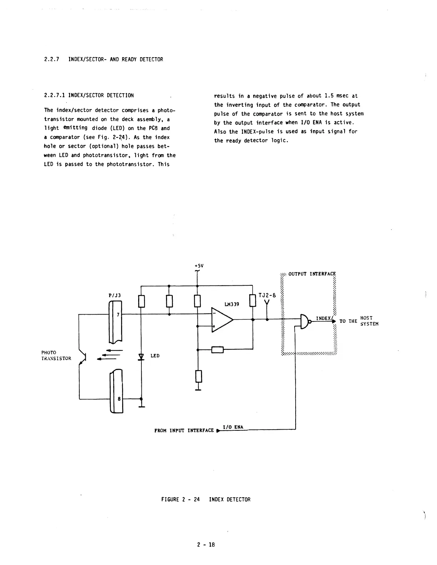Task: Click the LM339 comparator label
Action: point(232,304)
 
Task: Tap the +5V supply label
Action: point(199,266)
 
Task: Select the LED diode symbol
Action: point(141,356)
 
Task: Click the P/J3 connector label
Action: point(115,295)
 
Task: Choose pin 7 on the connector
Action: point(118,315)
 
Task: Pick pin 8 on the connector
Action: point(119,399)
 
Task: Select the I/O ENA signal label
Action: point(233,427)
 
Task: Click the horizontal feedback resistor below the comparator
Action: point(217,350)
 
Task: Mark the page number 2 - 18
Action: point(206,545)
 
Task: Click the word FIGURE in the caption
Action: point(170,500)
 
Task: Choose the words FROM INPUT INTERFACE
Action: point(184,431)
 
